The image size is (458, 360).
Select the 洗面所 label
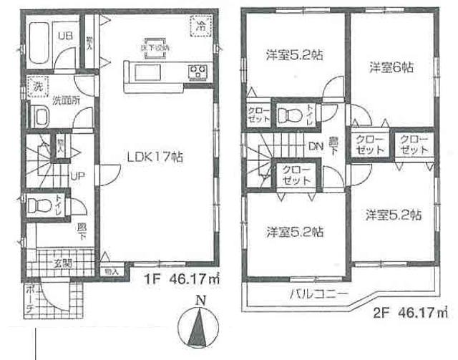pyautogui.click(x=67, y=101)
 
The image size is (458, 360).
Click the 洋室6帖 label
pyautogui.click(x=391, y=67)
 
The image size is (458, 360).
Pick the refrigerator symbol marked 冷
pyautogui.click(x=201, y=26)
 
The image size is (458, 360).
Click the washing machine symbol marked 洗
pyautogui.click(x=34, y=89)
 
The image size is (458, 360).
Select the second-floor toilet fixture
pyautogui.click(x=289, y=115)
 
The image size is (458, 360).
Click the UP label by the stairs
pyautogui.click(x=74, y=177)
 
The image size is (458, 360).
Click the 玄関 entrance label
pyautogui.click(x=62, y=263)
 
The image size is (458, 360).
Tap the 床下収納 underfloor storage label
pyautogui.click(x=155, y=48)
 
